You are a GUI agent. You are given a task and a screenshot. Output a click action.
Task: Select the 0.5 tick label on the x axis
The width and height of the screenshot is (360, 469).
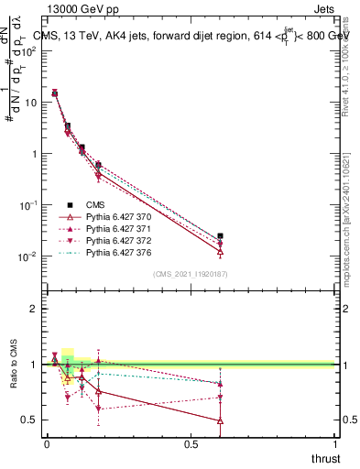[191, 444]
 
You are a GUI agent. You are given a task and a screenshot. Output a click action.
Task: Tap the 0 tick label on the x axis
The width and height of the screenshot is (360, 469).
[47, 444]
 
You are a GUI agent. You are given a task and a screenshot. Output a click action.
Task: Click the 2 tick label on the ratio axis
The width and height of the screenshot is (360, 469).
[33, 309]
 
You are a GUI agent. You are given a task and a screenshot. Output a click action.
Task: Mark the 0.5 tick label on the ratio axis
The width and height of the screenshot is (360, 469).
[28, 420]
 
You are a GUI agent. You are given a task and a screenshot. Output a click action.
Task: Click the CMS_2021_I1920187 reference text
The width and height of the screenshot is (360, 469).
[191, 274]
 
